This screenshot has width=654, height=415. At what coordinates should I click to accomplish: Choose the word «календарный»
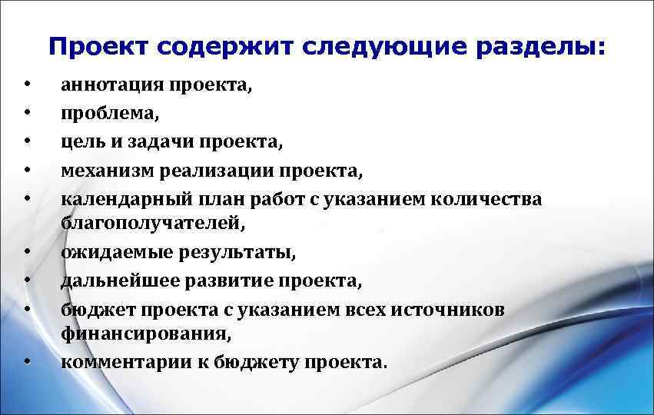click(117, 199)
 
